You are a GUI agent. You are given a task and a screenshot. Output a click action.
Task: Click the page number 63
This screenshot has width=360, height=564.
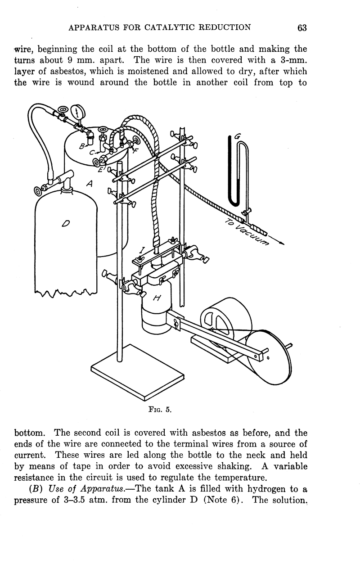(x=301, y=27)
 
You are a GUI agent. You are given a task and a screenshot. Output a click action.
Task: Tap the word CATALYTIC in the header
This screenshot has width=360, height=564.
(x=176, y=27)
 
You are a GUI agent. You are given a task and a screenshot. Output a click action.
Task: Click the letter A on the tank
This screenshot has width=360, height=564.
(x=89, y=183)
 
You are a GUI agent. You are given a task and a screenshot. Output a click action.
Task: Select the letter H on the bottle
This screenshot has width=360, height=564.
(x=157, y=298)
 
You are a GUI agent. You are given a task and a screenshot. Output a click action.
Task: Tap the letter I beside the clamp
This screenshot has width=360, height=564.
(x=142, y=248)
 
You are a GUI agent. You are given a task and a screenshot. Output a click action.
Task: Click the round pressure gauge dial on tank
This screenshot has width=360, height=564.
(x=79, y=110)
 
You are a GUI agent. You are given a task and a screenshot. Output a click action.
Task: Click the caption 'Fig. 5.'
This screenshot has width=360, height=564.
(x=160, y=410)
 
